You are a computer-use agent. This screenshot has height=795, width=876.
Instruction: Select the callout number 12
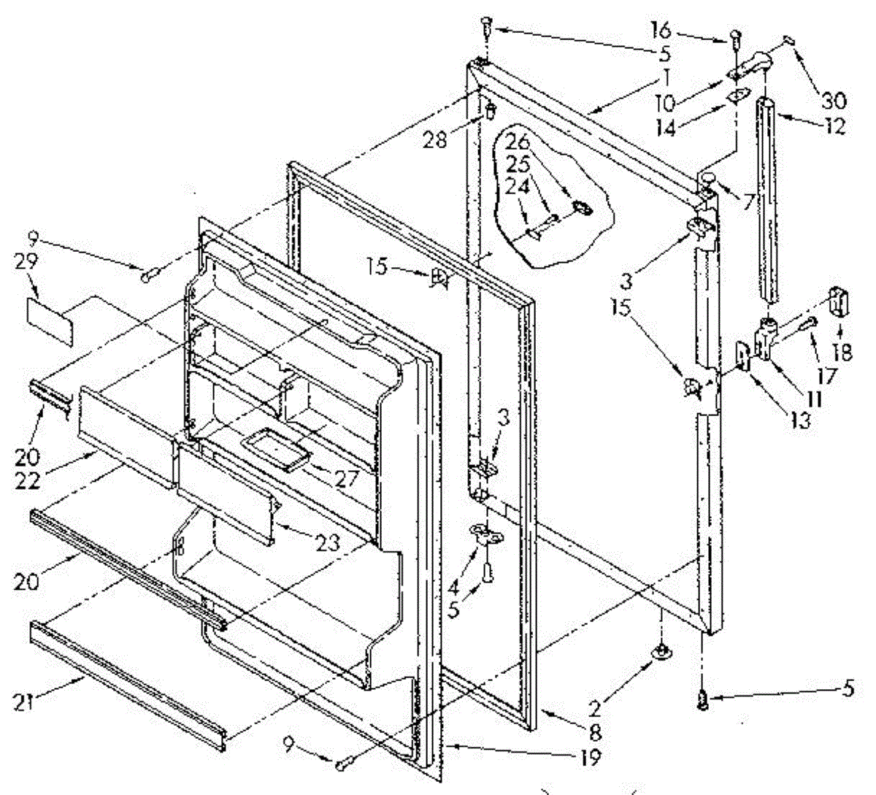click(x=833, y=125)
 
